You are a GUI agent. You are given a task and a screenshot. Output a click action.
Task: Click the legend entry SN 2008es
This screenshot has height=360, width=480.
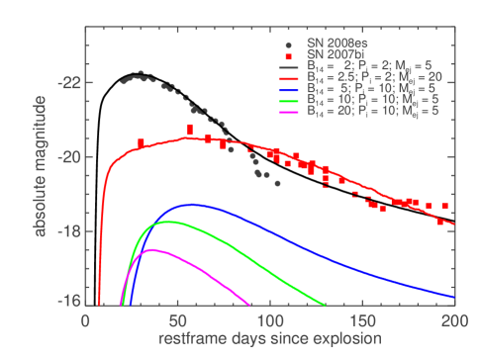331,45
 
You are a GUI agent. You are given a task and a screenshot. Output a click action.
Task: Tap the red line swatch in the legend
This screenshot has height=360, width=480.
287,76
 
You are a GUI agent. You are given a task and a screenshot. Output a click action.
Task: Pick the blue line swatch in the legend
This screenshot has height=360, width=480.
287,89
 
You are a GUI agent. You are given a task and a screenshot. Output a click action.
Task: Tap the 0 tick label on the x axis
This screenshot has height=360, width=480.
85,321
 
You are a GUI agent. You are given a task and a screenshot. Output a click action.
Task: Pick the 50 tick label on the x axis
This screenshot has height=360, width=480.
177,321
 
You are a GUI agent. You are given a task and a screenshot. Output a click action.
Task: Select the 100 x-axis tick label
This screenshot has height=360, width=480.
270,321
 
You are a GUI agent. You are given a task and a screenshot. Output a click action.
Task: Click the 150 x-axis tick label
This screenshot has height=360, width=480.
362,321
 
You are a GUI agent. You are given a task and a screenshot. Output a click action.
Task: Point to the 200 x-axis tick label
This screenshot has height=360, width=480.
454,321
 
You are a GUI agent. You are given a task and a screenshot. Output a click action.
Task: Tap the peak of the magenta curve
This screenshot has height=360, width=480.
151,249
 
